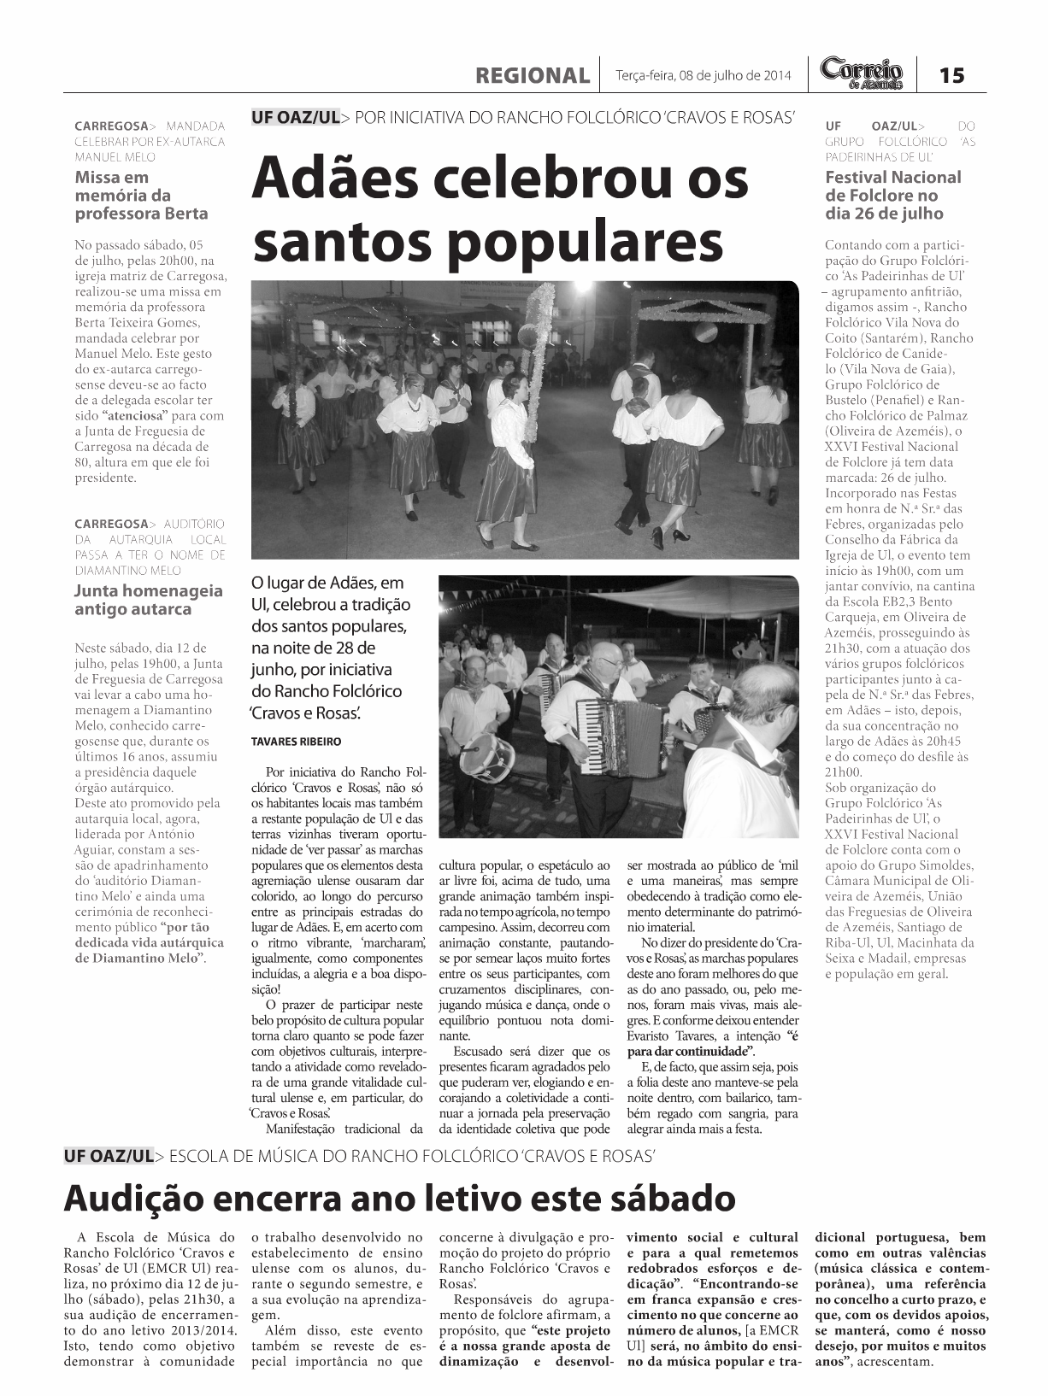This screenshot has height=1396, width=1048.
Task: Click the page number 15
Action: click(x=951, y=75)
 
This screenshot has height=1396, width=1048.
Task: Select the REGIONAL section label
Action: click(x=533, y=75)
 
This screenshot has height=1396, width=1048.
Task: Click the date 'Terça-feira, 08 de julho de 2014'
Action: click(x=704, y=75)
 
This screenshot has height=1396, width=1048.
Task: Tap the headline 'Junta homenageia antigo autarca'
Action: click(x=149, y=600)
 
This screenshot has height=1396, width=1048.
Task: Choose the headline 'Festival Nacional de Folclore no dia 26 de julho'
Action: click(x=892, y=196)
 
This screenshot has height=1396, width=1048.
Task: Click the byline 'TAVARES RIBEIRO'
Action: click(x=296, y=742)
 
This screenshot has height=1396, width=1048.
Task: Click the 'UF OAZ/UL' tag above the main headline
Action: click(x=296, y=117)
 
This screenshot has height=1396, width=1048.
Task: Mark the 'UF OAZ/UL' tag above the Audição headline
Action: click(x=109, y=1157)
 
